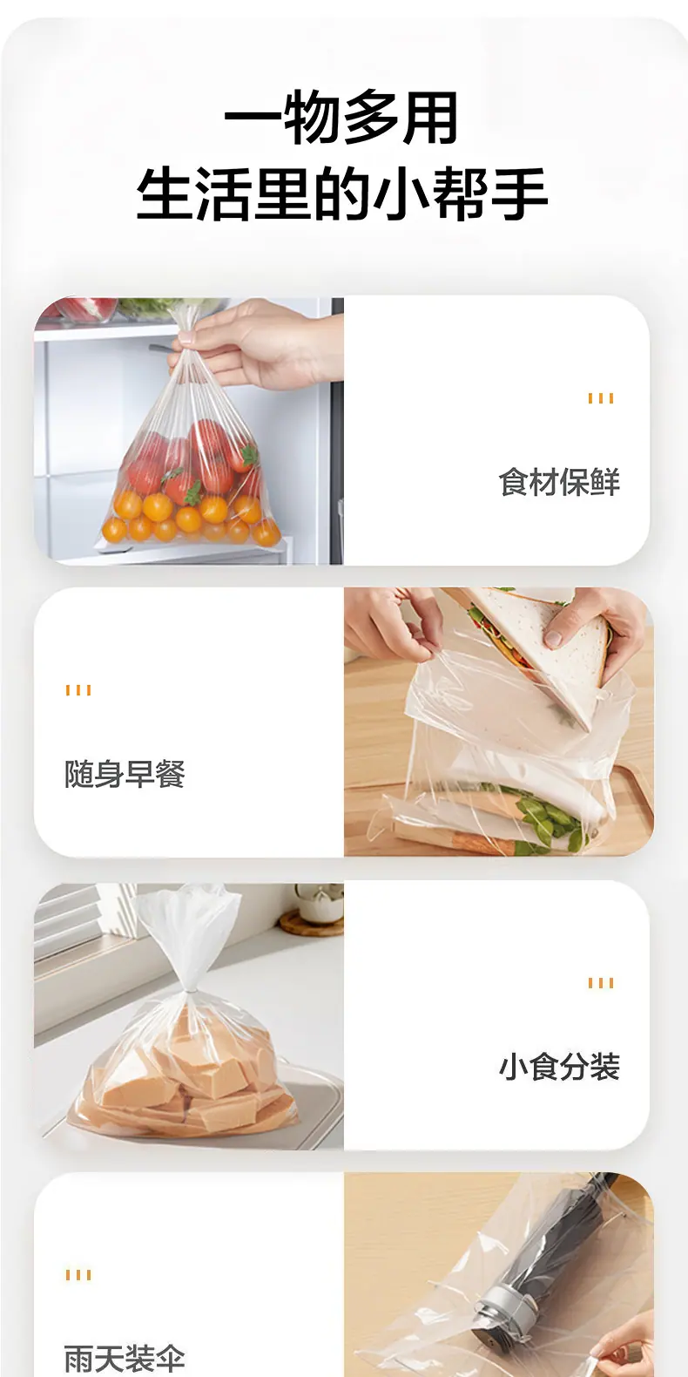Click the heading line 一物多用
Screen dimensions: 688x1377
tap(341, 117)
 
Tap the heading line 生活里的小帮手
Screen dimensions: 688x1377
tap(341, 193)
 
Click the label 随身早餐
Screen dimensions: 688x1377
tap(125, 774)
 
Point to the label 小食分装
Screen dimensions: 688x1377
tap(559, 1067)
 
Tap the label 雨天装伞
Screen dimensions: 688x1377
tap(125, 1359)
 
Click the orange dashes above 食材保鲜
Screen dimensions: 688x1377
tap(601, 398)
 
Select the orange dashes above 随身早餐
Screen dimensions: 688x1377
tap(78, 690)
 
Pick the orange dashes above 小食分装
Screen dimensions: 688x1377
tap(601, 983)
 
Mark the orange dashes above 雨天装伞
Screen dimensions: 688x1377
tap(78, 1275)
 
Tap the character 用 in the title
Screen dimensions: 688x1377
tap(431, 117)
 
